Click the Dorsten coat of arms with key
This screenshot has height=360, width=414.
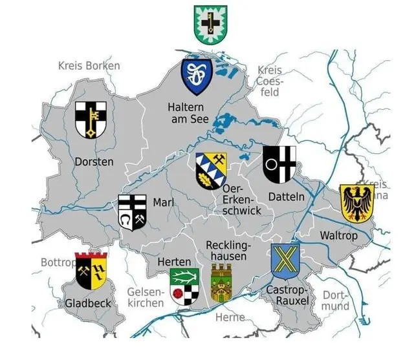tap(91, 120)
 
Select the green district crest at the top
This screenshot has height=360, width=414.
tap(210, 24)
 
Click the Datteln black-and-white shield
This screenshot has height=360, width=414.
tap(279, 165)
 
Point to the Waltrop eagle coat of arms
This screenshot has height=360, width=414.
tap(356, 202)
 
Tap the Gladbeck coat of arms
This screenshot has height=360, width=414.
tap(91, 271)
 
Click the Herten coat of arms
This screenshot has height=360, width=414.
tap(184, 286)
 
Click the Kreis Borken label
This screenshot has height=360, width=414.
tap(89, 65)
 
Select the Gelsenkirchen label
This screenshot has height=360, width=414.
tap(145, 297)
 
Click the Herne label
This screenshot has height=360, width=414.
tap(230, 317)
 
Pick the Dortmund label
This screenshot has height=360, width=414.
tap(335, 300)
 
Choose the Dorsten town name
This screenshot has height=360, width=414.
tap(94, 161)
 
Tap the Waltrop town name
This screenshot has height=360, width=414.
tap(338, 236)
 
